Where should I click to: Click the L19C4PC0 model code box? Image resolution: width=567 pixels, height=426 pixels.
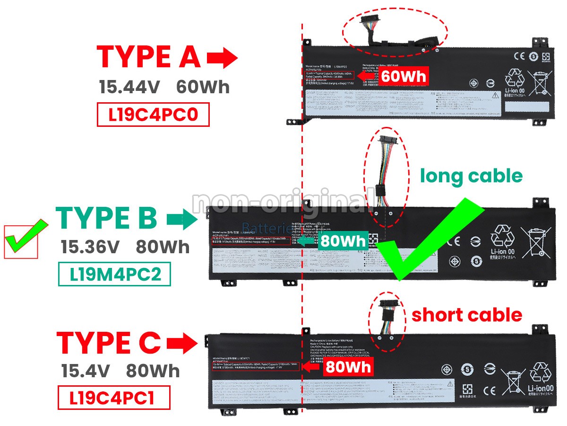tap(153, 115)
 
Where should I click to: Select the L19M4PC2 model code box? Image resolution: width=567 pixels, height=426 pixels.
tap(114, 274)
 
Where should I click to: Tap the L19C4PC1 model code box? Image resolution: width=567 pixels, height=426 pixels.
tap(113, 398)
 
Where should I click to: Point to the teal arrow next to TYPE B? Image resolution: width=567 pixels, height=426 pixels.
tap(182, 219)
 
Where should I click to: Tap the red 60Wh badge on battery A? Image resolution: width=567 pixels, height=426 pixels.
tap(404, 76)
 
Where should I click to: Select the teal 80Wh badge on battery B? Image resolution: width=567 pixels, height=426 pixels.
tap(343, 241)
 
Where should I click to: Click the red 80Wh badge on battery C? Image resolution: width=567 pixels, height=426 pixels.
tap(348, 366)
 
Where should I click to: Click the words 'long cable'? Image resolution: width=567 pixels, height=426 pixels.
tap(471, 176)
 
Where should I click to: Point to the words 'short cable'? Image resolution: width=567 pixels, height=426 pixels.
tap(467, 315)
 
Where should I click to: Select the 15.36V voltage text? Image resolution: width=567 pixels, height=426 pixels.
tap(90, 247)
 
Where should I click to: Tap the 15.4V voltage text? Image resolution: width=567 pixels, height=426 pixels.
tap(86, 371)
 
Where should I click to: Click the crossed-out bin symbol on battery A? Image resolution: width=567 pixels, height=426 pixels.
tap(540, 82)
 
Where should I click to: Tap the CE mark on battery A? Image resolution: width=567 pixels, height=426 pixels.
tap(518, 55)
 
